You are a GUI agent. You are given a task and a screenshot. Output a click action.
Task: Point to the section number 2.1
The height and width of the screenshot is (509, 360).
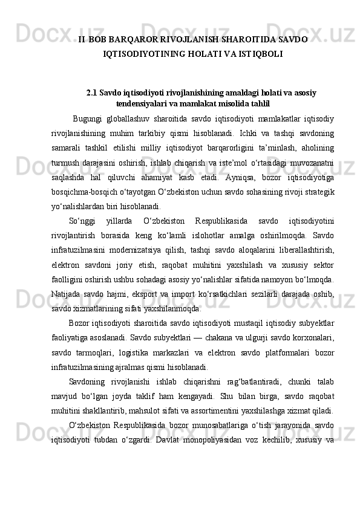(x=92, y=93)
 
